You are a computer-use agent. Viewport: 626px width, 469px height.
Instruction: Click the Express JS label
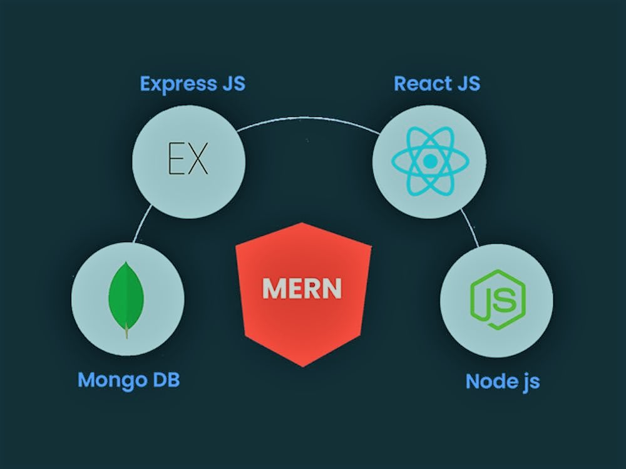(x=192, y=84)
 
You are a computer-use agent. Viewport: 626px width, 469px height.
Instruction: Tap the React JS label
(x=436, y=84)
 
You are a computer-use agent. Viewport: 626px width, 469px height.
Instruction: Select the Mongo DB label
(x=128, y=379)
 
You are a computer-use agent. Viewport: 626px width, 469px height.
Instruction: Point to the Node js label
(x=502, y=380)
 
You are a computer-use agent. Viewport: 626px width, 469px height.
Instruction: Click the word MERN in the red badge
(x=302, y=289)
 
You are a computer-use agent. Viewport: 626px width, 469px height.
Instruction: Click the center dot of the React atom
(x=430, y=161)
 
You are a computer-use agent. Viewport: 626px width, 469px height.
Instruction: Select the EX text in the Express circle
(x=188, y=160)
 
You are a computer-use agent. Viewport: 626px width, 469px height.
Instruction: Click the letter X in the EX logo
(x=197, y=160)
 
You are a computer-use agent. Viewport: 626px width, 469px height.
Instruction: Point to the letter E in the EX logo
(x=176, y=160)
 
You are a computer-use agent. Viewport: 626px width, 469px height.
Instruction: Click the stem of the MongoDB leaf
(x=126, y=332)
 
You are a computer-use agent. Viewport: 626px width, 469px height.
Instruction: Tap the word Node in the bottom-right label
(x=488, y=380)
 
